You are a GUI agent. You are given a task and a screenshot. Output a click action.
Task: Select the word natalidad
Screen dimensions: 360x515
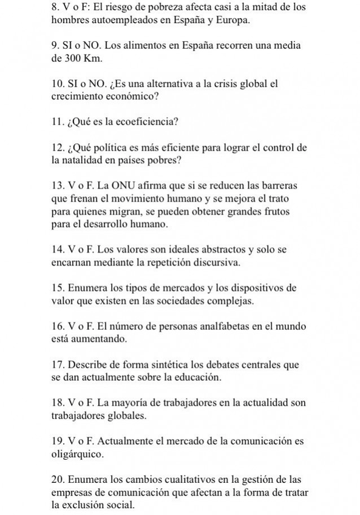[89, 160]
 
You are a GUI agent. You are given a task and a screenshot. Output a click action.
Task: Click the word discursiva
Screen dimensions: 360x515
[212, 262]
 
